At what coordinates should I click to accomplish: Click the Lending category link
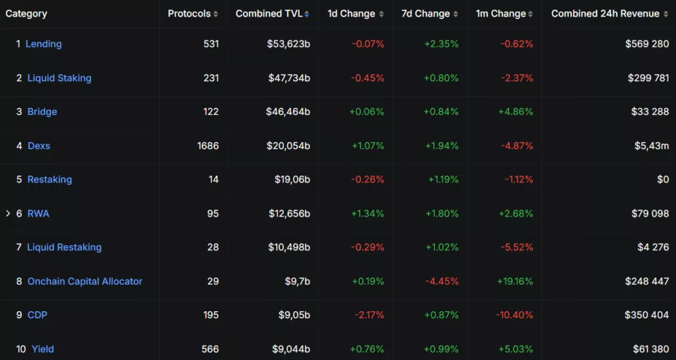(44, 44)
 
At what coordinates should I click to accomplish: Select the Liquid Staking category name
(59, 78)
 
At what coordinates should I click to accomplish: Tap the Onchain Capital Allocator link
(84, 281)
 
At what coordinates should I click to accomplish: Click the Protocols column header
(189, 14)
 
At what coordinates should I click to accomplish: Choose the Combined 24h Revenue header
(605, 14)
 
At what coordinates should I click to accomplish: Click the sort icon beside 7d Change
(456, 14)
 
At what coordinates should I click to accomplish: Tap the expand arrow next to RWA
(8, 213)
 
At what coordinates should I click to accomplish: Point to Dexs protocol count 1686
(208, 145)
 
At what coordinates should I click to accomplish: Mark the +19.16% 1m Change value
(515, 281)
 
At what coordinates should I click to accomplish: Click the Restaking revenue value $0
(662, 180)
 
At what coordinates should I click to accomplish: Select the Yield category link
(43, 349)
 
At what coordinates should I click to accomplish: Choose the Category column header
(26, 14)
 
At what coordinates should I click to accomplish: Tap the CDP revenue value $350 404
(646, 315)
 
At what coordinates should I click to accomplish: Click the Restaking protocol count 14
(213, 180)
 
